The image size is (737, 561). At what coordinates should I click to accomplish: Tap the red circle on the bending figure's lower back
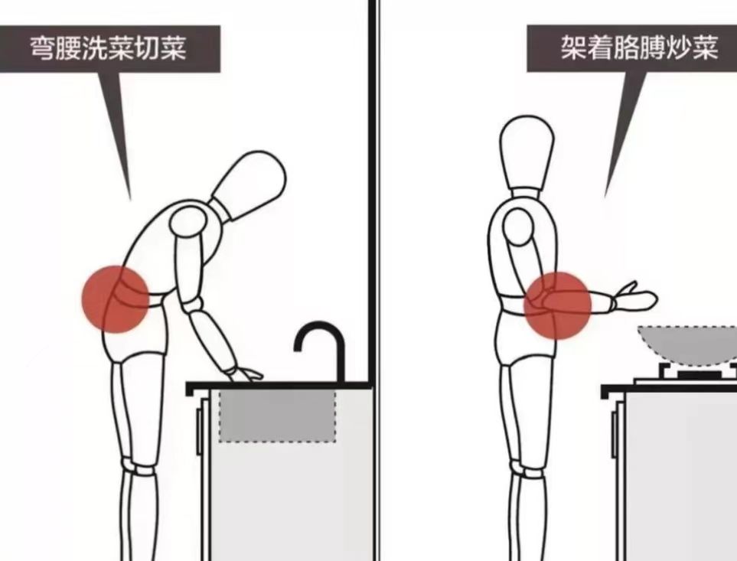(x=116, y=299)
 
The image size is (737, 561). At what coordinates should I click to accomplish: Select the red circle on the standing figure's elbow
(x=557, y=305)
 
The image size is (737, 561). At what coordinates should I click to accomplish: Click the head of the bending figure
(x=249, y=185)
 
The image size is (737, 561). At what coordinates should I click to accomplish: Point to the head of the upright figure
(x=527, y=152)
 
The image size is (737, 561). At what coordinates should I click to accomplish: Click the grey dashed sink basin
(x=277, y=416)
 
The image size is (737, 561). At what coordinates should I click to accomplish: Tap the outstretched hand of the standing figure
(x=634, y=298)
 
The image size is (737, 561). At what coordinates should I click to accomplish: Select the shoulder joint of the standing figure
(x=518, y=226)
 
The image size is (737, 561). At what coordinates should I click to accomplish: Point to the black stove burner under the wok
(x=698, y=374)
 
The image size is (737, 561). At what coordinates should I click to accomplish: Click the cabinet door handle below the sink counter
(x=200, y=432)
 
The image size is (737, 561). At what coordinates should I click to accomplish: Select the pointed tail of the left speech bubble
(x=120, y=136)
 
